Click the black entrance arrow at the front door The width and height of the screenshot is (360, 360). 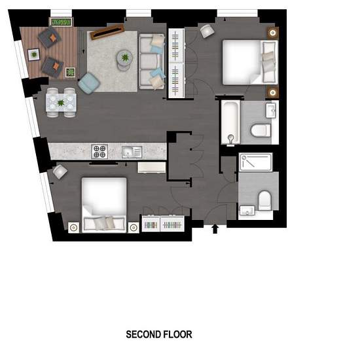[x=215, y=229]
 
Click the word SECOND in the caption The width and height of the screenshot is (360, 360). [x=141, y=334]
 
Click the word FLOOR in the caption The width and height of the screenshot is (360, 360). [x=176, y=334]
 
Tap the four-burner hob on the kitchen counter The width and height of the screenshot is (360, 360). [x=99, y=152]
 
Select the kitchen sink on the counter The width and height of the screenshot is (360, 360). [x=132, y=152]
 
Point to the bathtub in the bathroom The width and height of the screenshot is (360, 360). [x=231, y=122]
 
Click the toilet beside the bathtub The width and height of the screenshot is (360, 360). [x=261, y=130]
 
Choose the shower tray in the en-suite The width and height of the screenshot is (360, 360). [x=255, y=162]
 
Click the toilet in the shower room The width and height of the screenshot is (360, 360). [x=264, y=200]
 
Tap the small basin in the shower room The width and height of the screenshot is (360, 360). [x=247, y=210]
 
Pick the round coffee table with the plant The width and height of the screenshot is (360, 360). [x=124, y=60]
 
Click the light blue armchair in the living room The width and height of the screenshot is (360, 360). [x=89, y=83]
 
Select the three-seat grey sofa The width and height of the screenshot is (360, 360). [x=152, y=62]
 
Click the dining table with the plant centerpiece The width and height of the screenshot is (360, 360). [x=61, y=103]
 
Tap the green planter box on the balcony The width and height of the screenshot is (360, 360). [x=61, y=22]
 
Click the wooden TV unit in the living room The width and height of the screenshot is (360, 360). [x=107, y=31]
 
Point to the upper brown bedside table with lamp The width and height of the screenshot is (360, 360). [x=273, y=33]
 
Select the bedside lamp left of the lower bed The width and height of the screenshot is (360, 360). [x=73, y=228]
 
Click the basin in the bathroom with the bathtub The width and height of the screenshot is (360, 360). [x=271, y=111]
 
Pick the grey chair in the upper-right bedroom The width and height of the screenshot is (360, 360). [x=207, y=31]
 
